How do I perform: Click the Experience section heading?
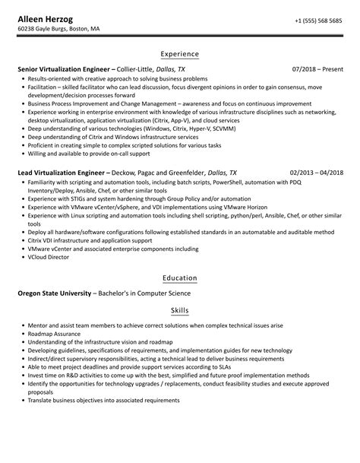[180, 54]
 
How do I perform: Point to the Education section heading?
[180, 277]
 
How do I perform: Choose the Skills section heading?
[180, 311]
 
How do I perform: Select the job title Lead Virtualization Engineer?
[63, 173]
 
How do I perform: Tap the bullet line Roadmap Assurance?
[55, 334]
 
